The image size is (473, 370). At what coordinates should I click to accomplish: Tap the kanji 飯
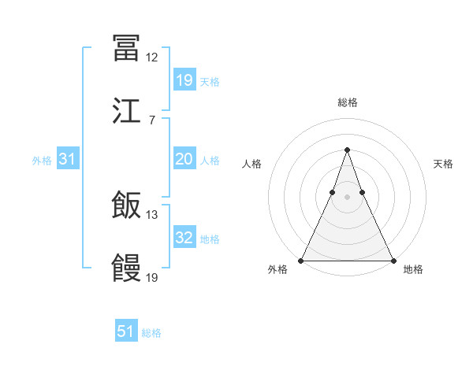[126, 206]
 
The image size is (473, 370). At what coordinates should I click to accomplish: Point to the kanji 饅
[126, 268]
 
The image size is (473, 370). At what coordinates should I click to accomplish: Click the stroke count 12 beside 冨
[152, 57]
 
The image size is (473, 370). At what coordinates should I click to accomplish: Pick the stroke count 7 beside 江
[151, 120]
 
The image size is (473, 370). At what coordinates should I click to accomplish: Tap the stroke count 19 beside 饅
[152, 278]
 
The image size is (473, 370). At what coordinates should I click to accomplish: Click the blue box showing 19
[184, 80]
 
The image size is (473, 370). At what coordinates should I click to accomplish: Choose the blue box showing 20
[184, 159]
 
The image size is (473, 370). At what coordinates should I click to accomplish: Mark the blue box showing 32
[184, 238]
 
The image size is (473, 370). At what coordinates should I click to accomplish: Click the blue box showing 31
[68, 159]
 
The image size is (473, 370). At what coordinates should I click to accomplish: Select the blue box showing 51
[126, 331]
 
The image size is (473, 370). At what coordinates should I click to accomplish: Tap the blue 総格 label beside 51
[151, 333]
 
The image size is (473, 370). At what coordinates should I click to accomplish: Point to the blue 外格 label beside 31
[42, 161]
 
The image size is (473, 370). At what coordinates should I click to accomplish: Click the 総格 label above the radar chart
[347, 102]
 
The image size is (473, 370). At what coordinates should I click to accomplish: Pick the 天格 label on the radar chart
[443, 164]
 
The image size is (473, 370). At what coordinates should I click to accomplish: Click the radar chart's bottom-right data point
[393, 260]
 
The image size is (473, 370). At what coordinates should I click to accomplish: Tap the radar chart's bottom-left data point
[301, 260]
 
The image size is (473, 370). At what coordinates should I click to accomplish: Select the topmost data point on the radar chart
[347, 150]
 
